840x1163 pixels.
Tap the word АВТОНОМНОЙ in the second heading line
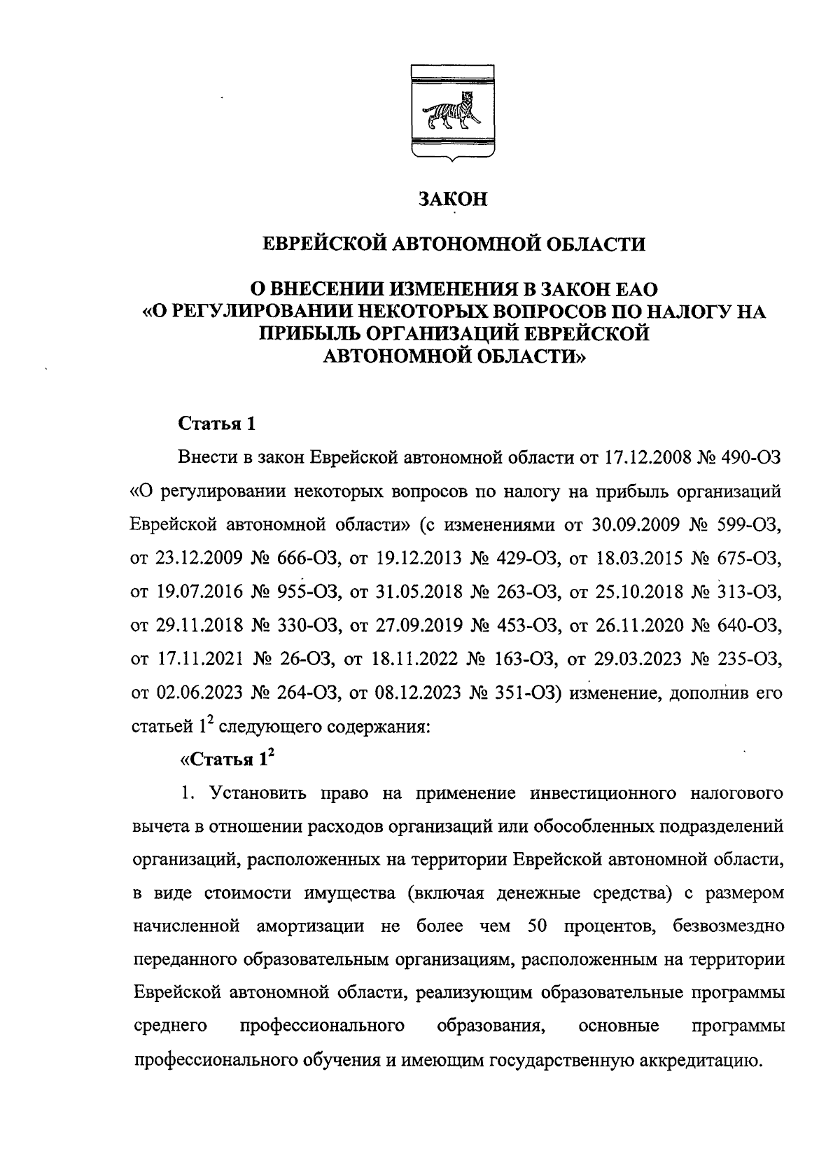click(x=454, y=244)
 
